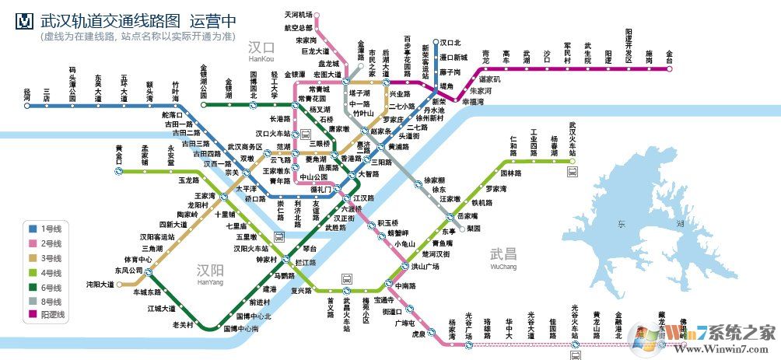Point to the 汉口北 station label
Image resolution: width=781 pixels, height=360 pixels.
(x=451, y=43)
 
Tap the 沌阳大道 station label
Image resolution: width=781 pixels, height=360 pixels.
(x=100, y=285)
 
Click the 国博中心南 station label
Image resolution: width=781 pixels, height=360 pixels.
(x=241, y=329)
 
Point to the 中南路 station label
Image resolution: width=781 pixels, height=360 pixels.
(x=406, y=285)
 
